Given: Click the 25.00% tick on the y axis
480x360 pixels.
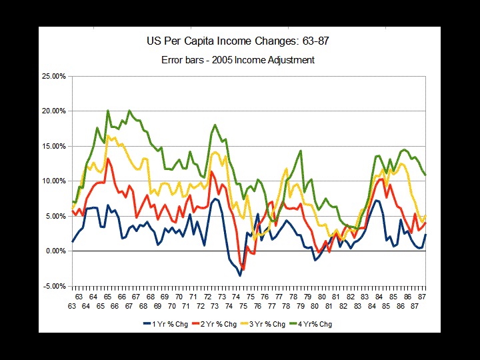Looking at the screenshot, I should [54, 76].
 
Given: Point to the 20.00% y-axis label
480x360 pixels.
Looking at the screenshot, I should [54, 111].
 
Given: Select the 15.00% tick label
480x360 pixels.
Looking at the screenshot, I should [54, 146].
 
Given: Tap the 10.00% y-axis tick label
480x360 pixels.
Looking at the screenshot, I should [54, 181].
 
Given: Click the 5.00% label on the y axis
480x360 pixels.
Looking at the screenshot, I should [55, 216].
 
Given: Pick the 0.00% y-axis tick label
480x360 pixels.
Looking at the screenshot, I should [55, 251].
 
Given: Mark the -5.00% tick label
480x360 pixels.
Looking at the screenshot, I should [55, 286].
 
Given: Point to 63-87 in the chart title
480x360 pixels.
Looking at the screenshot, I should [312, 41].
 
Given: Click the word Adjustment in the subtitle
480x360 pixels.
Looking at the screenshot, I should [291, 60].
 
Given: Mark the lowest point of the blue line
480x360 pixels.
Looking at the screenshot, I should [240, 275].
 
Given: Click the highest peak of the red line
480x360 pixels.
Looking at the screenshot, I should [109, 159].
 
